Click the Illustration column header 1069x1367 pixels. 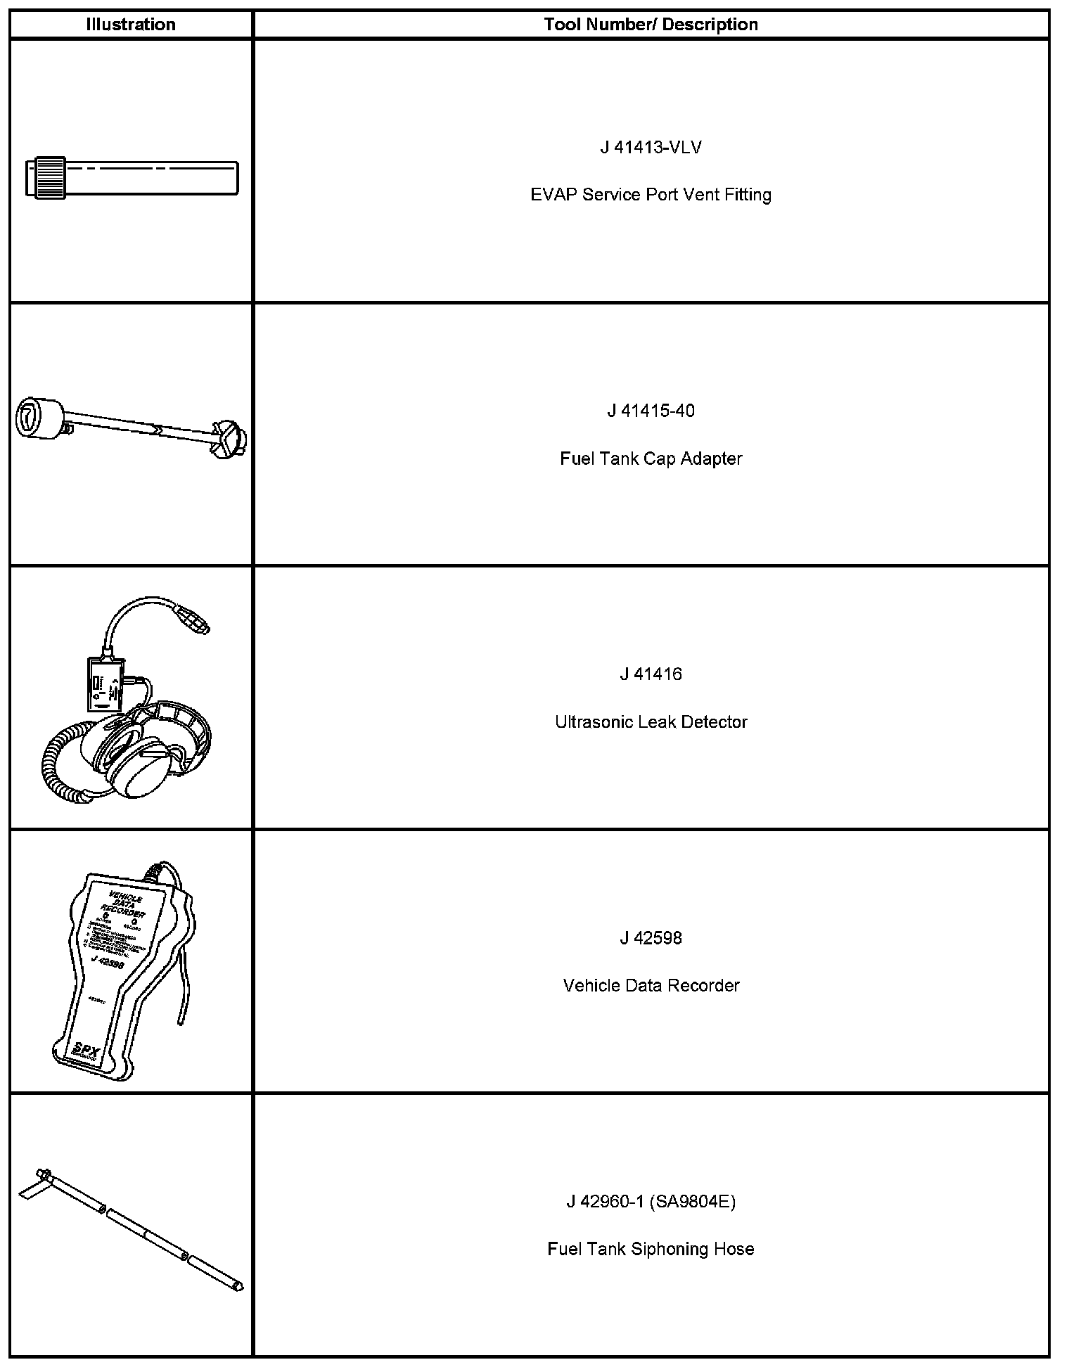[x=131, y=25]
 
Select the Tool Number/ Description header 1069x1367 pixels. [x=651, y=25]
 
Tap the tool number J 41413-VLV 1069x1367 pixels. [x=651, y=148]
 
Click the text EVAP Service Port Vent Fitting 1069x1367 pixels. [x=651, y=195]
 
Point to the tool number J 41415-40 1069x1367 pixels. [x=651, y=411]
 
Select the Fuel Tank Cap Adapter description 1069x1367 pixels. [x=651, y=458]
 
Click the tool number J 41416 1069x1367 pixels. [x=651, y=674]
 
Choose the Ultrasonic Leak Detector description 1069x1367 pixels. [x=651, y=722]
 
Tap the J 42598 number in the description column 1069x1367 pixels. [x=651, y=938]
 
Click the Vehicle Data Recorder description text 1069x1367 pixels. [x=651, y=986]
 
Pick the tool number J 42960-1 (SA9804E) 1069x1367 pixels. [x=651, y=1202]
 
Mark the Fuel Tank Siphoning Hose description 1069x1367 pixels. [x=651, y=1250]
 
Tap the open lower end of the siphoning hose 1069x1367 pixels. [x=238, y=1286]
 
